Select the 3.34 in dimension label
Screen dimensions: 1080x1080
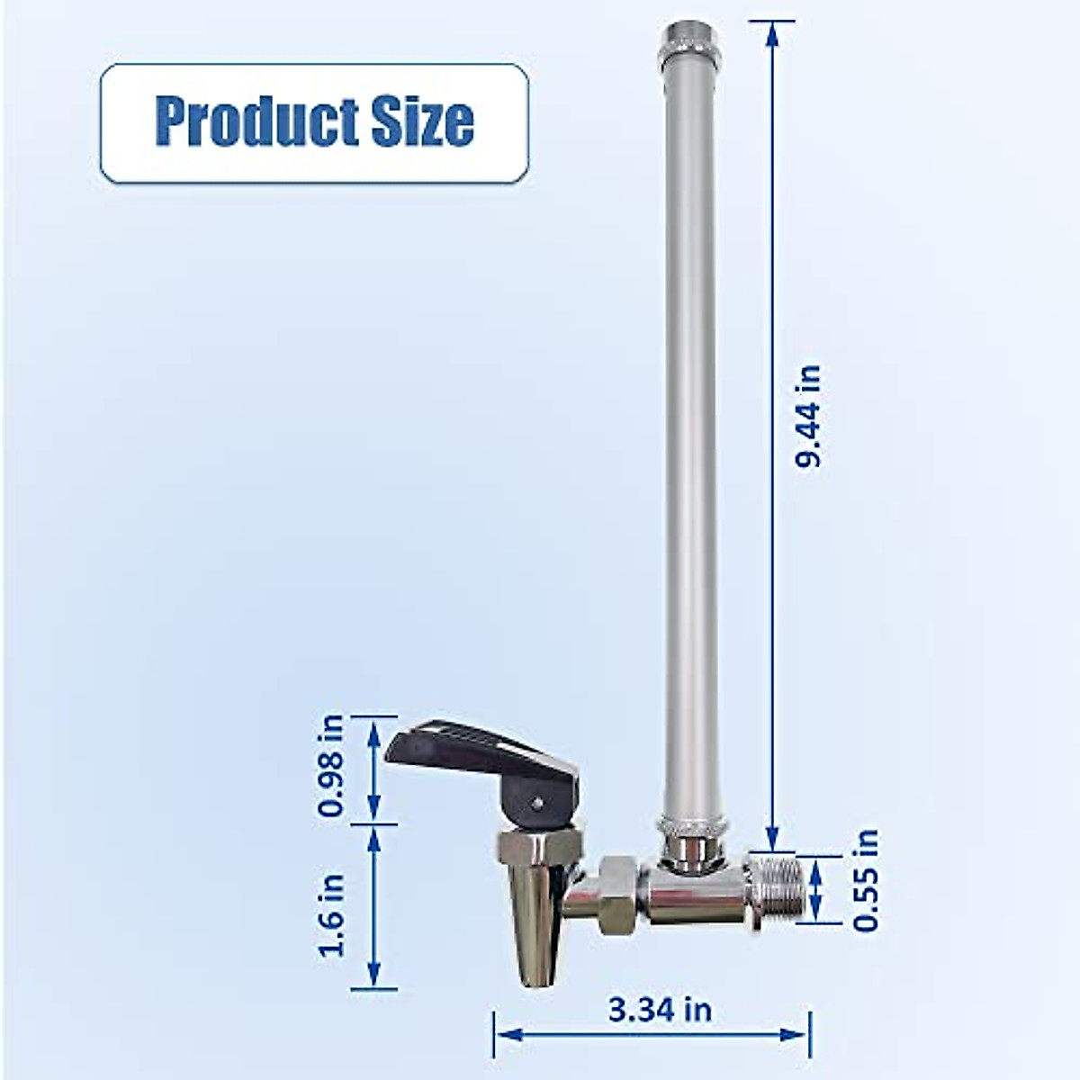pyautogui.click(x=660, y=1010)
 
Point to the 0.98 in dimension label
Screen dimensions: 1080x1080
pyautogui.click(x=332, y=766)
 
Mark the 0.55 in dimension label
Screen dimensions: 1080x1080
pyautogui.click(x=866, y=880)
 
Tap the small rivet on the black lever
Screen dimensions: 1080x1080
pyautogui.click(x=537, y=800)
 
